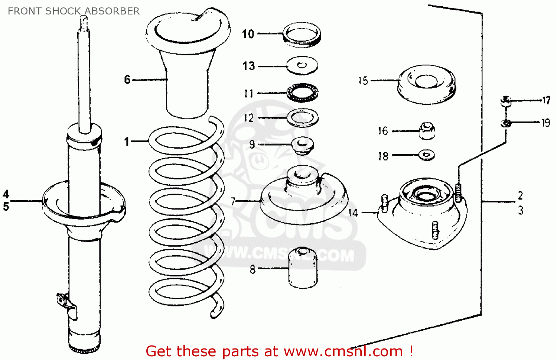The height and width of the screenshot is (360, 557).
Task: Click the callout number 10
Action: [x=248, y=34]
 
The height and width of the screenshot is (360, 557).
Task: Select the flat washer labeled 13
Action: [x=302, y=66]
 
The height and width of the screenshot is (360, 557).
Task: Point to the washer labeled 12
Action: [x=302, y=118]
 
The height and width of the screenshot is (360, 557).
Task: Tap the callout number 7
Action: [x=233, y=201]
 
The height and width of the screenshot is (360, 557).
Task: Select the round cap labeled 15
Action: [x=426, y=84]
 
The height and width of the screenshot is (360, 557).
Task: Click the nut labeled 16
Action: [x=427, y=131]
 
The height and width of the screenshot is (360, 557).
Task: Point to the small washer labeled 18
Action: [x=426, y=155]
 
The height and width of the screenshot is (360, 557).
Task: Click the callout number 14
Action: [x=353, y=213]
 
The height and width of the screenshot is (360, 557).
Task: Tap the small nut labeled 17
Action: [x=505, y=101]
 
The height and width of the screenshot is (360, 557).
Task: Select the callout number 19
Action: [x=545, y=123]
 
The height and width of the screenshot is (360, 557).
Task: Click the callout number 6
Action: [x=127, y=80]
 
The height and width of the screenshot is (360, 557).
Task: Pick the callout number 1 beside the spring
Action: [x=127, y=142]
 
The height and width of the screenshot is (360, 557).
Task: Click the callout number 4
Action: [x=6, y=194]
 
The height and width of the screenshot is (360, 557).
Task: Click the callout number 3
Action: [x=521, y=210]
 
